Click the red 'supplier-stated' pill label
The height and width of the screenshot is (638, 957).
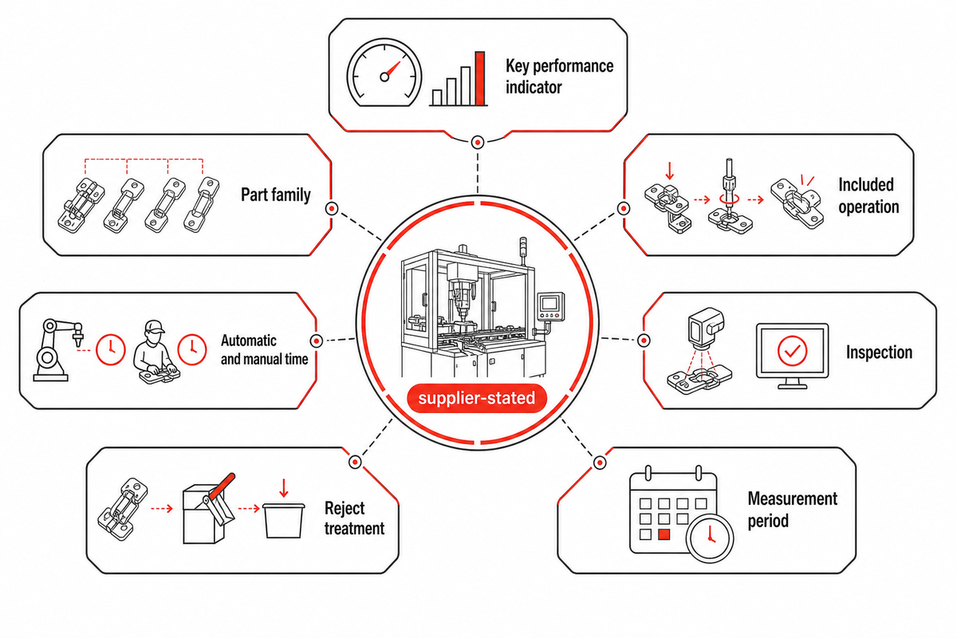477,398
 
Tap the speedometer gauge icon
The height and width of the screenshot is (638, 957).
384,73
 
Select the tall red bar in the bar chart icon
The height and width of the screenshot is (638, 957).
480,78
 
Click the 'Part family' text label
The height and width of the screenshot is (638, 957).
276,195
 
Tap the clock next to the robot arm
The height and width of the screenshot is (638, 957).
111,349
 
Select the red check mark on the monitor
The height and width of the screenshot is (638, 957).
792,351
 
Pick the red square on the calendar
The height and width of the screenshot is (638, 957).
664,534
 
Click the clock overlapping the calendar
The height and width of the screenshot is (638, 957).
710,538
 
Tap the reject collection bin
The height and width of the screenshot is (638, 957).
283,520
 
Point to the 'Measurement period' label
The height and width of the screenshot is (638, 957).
792,510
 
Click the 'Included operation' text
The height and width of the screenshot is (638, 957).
868,195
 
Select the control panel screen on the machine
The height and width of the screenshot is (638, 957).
549,304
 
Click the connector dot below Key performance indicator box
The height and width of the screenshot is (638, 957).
477,142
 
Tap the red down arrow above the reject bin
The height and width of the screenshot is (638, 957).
283,488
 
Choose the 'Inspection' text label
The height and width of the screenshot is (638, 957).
879,352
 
